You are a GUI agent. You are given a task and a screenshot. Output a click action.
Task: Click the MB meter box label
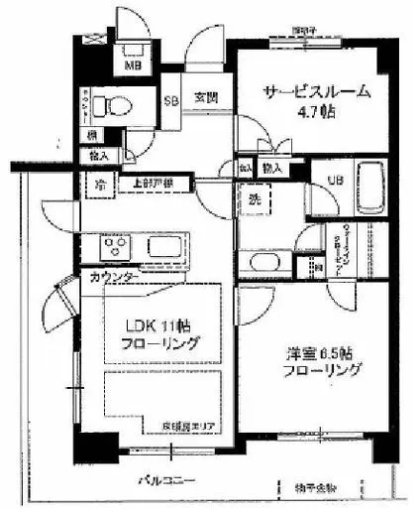pyautogui.click(x=130, y=66)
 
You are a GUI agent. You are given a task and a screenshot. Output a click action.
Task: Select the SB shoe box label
pyautogui.click(x=170, y=100)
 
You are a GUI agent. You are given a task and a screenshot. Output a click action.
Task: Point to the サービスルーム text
pyautogui.click(x=316, y=91)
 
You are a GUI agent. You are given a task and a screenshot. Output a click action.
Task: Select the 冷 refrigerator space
pyautogui.click(x=100, y=185)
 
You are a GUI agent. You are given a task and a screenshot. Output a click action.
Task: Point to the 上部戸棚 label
pyautogui.click(x=155, y=185)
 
